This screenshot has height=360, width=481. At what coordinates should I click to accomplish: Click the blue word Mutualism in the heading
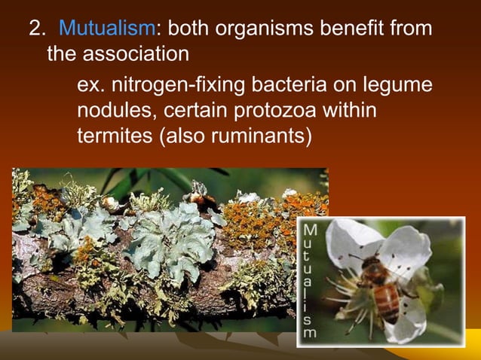point(106,29)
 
